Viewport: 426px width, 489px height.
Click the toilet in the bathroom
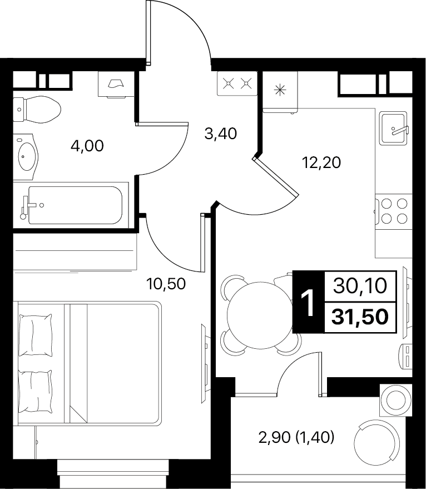click(x=37, y=110)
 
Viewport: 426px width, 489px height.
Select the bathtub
click(x=71, y=205)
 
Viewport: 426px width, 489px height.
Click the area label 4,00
click(x=87, y=146)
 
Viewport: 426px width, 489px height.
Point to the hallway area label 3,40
click(x=220, y=134)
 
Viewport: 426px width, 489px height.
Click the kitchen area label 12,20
click(x=321, y=162)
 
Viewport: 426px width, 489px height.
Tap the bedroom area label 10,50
click(x=166, y=284)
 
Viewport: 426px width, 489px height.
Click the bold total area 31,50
click(x=360, y=317)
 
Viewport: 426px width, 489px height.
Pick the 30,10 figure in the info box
click(x=360, y=285)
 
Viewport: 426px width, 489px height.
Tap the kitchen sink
click(x=394, y=128)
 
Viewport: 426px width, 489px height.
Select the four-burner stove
click(x=394, y=211)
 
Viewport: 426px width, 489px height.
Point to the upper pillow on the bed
click(x=36, y=335)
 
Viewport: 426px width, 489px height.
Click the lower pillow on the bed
click(x=36, y=391)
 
